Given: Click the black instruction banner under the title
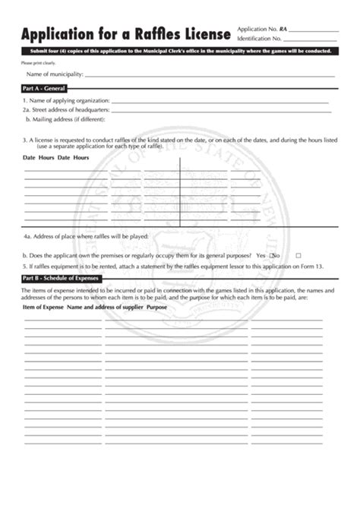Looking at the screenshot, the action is (x=179, y=52).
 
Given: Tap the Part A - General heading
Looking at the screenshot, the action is (x=43, y=89).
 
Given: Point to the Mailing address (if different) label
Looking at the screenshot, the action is (x=65, y=120).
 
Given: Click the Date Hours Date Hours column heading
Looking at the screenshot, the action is (x=55, y=157).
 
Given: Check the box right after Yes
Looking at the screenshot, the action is (x=272, y=255).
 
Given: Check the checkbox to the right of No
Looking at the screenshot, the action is (x=298, y=255).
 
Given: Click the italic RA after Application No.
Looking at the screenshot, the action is (x=283, y=28).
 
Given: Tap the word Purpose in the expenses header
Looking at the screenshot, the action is (x=156, y=307).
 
